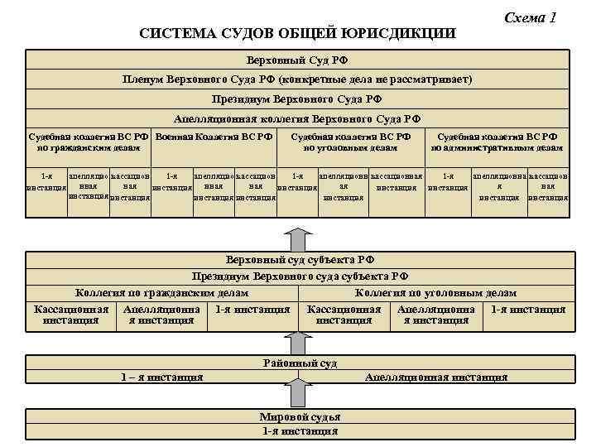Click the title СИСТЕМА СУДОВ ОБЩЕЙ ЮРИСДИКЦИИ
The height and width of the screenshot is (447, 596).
[297, 33]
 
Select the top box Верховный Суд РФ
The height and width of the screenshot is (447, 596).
[297, 60]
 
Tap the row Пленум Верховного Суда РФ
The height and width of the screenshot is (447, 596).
[297, 79]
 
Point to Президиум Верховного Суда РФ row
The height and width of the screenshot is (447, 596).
[297, 99]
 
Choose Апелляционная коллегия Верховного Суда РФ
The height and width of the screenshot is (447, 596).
[297, 118]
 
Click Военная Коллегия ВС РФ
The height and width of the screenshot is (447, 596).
[214, 137]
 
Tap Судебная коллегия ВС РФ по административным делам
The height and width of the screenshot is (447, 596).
[497, 142]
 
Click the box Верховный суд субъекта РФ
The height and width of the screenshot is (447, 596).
[297, 260]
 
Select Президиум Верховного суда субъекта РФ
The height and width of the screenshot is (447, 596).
[297, 276]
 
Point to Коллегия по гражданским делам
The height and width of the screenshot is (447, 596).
[161, 293]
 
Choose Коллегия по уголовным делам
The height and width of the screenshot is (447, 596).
[435, 293]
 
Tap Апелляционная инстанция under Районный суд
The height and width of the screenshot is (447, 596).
[435, 377]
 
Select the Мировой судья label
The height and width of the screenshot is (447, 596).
[299, 417]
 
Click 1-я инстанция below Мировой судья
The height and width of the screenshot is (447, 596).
[299, 430]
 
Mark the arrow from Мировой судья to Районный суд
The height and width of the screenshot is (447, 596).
[298, 397]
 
